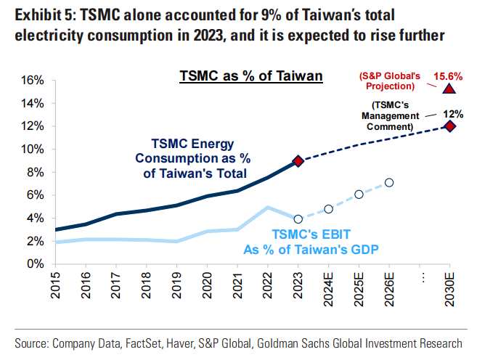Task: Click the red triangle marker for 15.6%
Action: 449,89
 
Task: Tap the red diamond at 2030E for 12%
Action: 449,126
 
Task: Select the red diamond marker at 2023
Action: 298,161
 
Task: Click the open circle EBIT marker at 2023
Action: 298,218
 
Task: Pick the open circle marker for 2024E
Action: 328,209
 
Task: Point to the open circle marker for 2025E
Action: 359,195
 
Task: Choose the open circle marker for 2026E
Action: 389,183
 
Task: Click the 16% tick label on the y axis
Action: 33,81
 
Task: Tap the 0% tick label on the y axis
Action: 36,263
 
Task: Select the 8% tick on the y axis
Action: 36,172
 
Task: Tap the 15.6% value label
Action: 449,75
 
